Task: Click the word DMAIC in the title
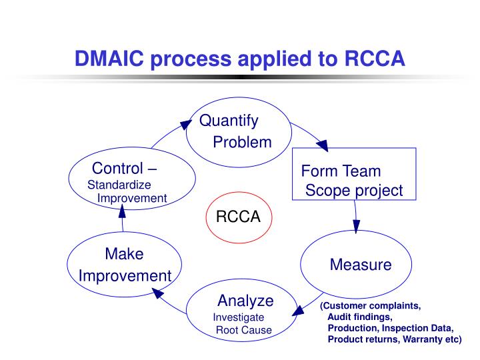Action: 111,59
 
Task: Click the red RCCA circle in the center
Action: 238,218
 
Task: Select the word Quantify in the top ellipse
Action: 229,121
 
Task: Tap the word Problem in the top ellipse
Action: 242,142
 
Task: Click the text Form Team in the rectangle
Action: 341,171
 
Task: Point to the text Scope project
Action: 354,191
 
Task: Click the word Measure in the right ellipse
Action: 361,265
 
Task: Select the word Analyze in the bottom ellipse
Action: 245,300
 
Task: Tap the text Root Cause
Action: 244,330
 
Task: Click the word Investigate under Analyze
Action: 238,317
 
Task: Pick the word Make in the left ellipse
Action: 124,254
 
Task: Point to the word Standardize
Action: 119,185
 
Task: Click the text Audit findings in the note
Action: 360,317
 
